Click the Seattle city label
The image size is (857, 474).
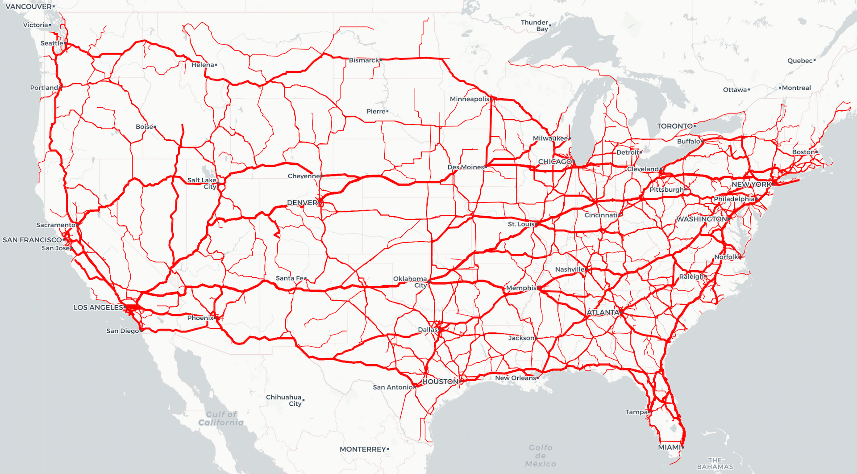pos(52,43)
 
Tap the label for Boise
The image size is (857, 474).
pos(144,127)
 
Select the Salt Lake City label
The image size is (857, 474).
pos(202,183)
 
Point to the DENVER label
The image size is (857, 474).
pos(302,203)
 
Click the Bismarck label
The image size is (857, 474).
pos(364,60)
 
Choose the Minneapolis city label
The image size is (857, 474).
pos(470,99)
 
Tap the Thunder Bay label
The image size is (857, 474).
pos(535,25)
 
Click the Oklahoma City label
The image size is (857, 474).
pos(410,282)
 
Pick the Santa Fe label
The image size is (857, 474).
pos(290,278)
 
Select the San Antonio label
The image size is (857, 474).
pos(393,387)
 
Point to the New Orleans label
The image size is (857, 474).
pos(516,378)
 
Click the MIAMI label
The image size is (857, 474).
pos(669,447)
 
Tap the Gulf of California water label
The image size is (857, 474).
pos(221,419)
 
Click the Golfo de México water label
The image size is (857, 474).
pos(541,456)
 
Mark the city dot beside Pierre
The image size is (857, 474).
pos(387,111)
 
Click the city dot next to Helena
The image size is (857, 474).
pos(216,65)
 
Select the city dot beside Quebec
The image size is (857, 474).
pos(815,60)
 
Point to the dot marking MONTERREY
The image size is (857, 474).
pos(388,449)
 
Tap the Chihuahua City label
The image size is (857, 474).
pos(284,400)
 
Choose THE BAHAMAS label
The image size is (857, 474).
pos(715,463)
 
